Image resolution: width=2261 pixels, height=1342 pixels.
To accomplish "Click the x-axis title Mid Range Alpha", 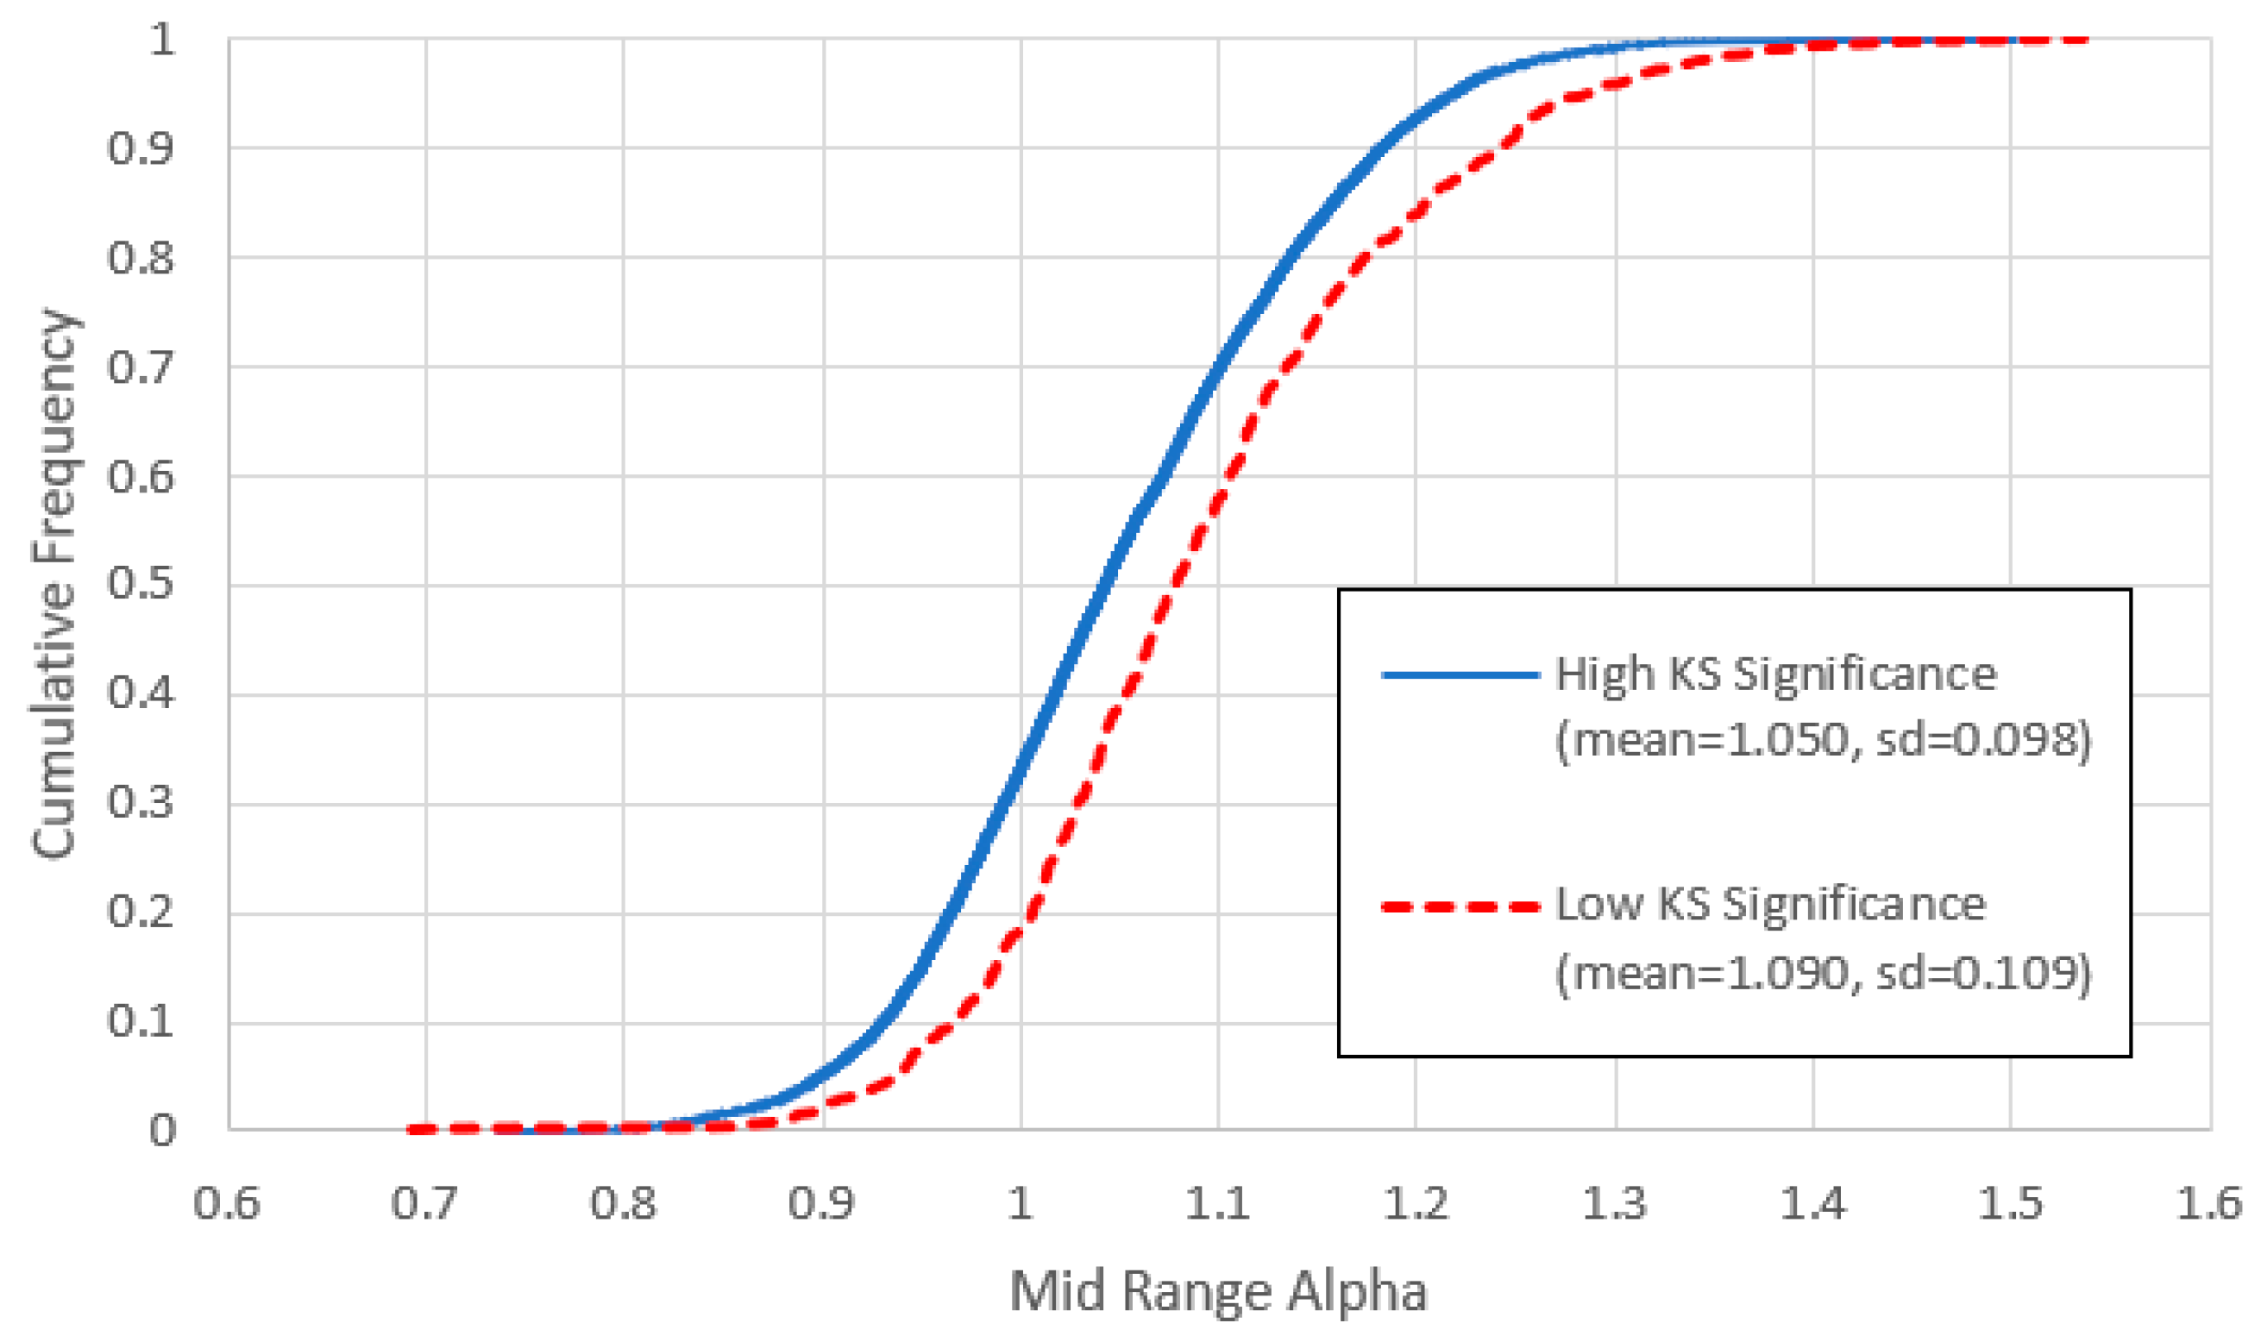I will click(x=1217, y=1290).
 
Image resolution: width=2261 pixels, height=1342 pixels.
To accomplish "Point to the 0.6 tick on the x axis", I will click(x=227, y=1204).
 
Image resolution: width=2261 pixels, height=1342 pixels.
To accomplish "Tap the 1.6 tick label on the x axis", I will click(x=2208, y=1204).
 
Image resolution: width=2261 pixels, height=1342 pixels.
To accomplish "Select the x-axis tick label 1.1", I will click(x=1217, y=1204).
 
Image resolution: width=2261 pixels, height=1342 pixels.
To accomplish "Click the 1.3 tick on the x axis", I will click(x=1614, y=1204).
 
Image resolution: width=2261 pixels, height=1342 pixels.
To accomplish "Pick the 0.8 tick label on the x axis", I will click(x=622, y=1204).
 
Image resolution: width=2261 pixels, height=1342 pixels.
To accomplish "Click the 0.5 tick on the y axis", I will click(x=141, y=583).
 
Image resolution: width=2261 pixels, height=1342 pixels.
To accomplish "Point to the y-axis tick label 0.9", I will click(x=141, y=147).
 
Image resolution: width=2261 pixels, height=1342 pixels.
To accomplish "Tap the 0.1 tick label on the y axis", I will click(x=141, y=1021).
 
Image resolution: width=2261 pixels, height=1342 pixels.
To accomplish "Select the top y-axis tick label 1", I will click(x=162, y=40).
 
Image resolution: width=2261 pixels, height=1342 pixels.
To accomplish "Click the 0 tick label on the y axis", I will click(x=162, y=1131).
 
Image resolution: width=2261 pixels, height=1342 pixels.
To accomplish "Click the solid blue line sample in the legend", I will click(x=1460, y=674).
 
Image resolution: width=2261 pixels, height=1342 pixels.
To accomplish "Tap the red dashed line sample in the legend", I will click(x=1460, y=906).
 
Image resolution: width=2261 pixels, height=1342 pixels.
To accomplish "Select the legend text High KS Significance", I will click(x=1775, y=674).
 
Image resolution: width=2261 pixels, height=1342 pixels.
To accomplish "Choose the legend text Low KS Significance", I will click(x=1770, y=905).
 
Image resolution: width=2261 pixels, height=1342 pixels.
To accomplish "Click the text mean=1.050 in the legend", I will click(x=1700, y=742).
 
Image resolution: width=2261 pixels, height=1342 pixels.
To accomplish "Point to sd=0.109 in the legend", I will click(x=1981, y=973).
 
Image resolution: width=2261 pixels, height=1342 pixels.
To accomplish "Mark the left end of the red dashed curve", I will click(x=411, y=1129).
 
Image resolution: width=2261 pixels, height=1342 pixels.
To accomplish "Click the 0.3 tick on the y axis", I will click(x=141, y=803).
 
